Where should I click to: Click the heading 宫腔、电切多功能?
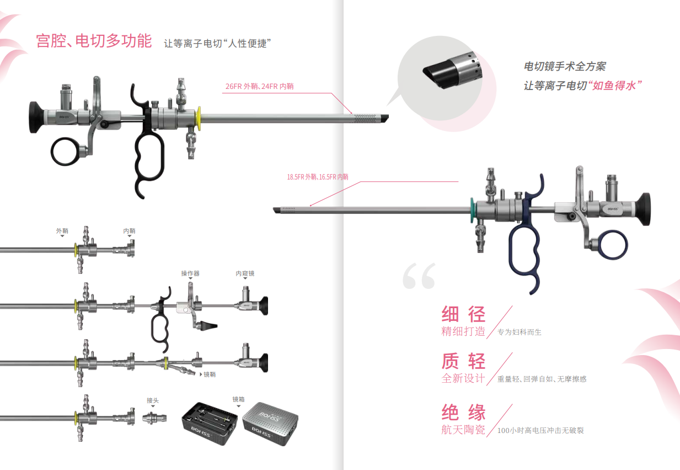pos(94,41)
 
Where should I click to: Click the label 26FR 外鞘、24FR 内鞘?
pos(259,86)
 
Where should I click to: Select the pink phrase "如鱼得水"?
pos(617,86)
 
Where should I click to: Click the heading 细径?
pos(463,314)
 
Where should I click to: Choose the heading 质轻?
pos(463,361)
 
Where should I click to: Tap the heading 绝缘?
pos(463,412)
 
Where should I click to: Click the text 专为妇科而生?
pos(520,332)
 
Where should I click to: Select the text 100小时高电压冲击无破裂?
pos(540,430)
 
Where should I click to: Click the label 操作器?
pos(190,273)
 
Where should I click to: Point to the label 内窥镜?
pos(245,273)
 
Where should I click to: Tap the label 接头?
pos(153,400)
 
